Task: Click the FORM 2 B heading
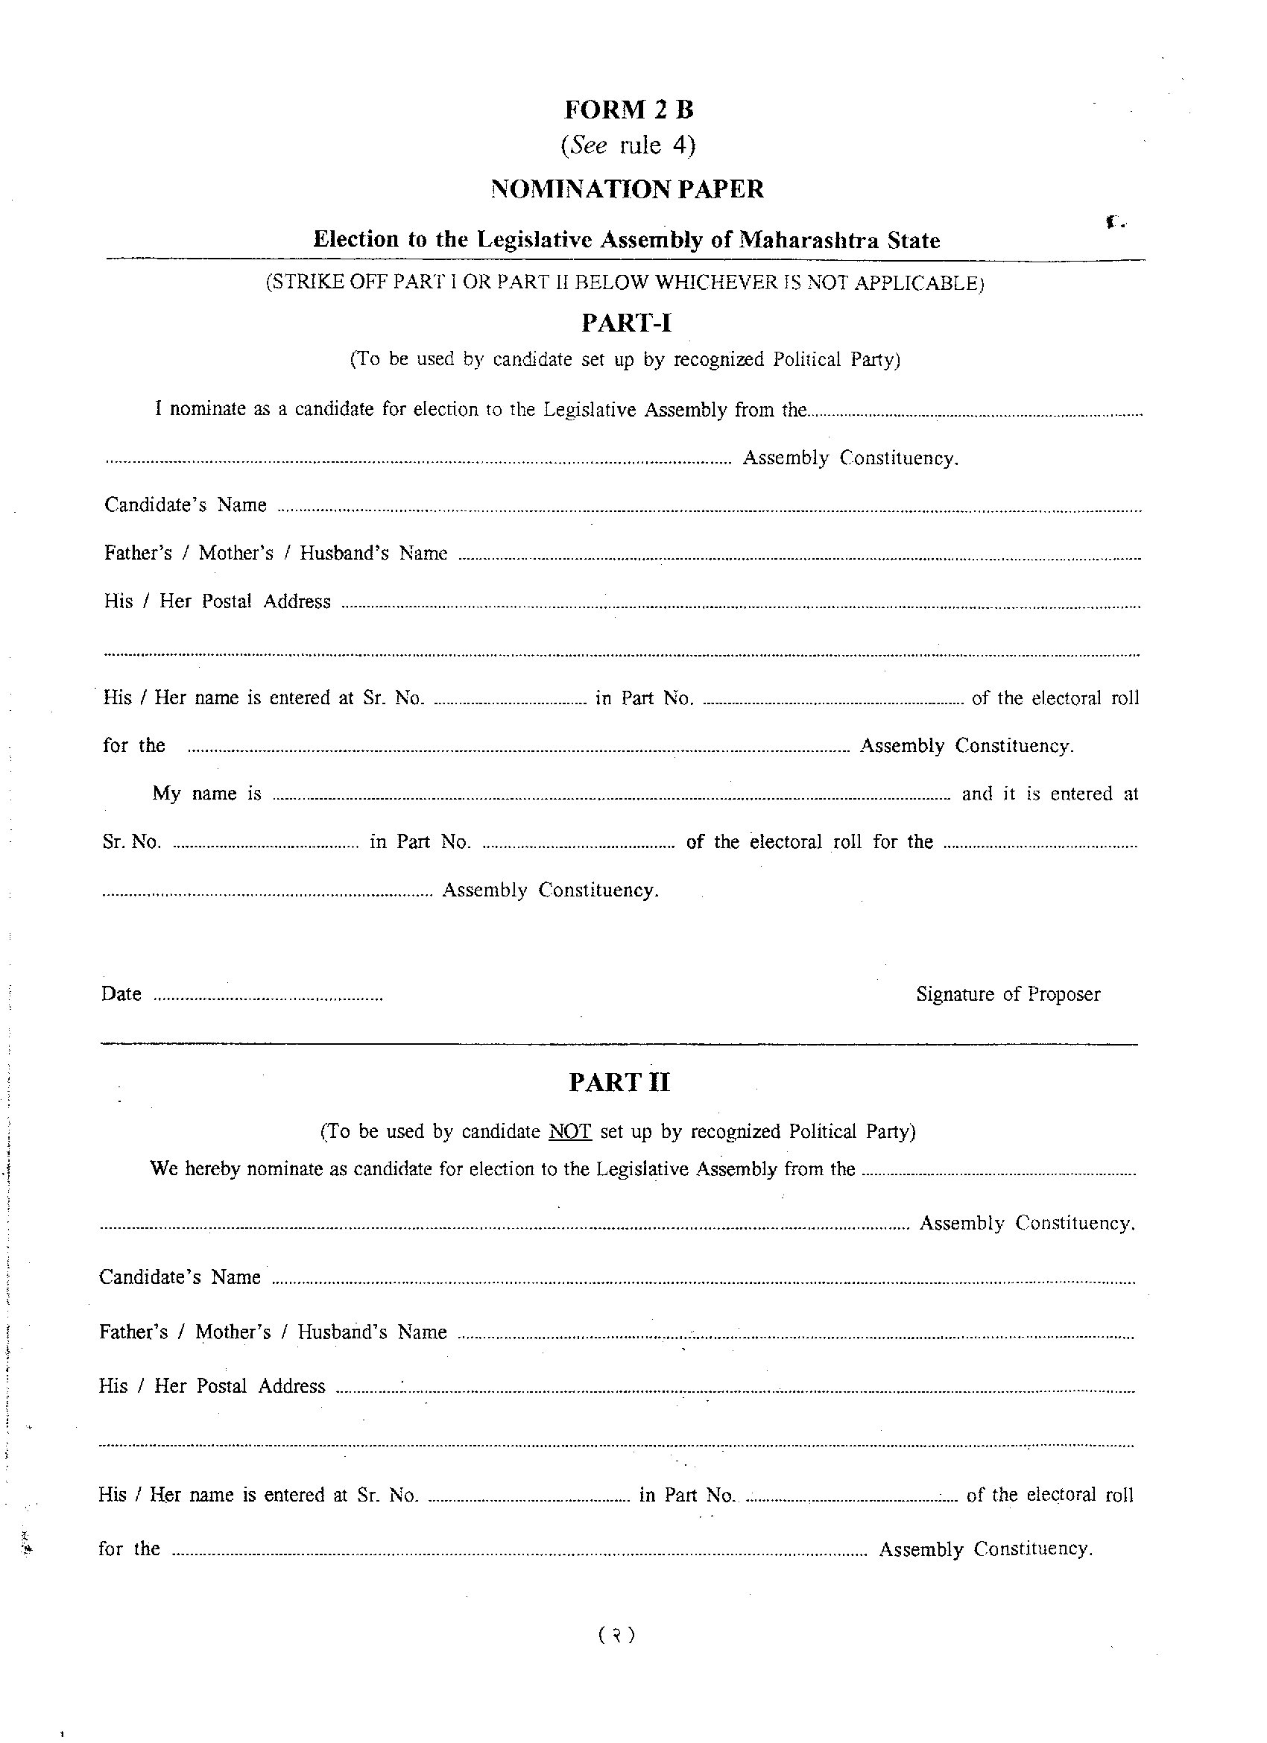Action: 628,110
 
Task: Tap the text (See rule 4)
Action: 628,145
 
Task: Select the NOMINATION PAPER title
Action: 628,189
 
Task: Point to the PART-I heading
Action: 626,323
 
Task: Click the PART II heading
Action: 619,1082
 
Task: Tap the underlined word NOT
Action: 569,1131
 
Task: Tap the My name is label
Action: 206,794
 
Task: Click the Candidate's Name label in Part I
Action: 186,505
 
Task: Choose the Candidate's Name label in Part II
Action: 180,1277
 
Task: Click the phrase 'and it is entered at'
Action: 1049,794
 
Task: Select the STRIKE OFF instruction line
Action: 625,283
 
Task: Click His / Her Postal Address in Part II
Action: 212,1386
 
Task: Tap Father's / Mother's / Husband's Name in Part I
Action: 275,554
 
